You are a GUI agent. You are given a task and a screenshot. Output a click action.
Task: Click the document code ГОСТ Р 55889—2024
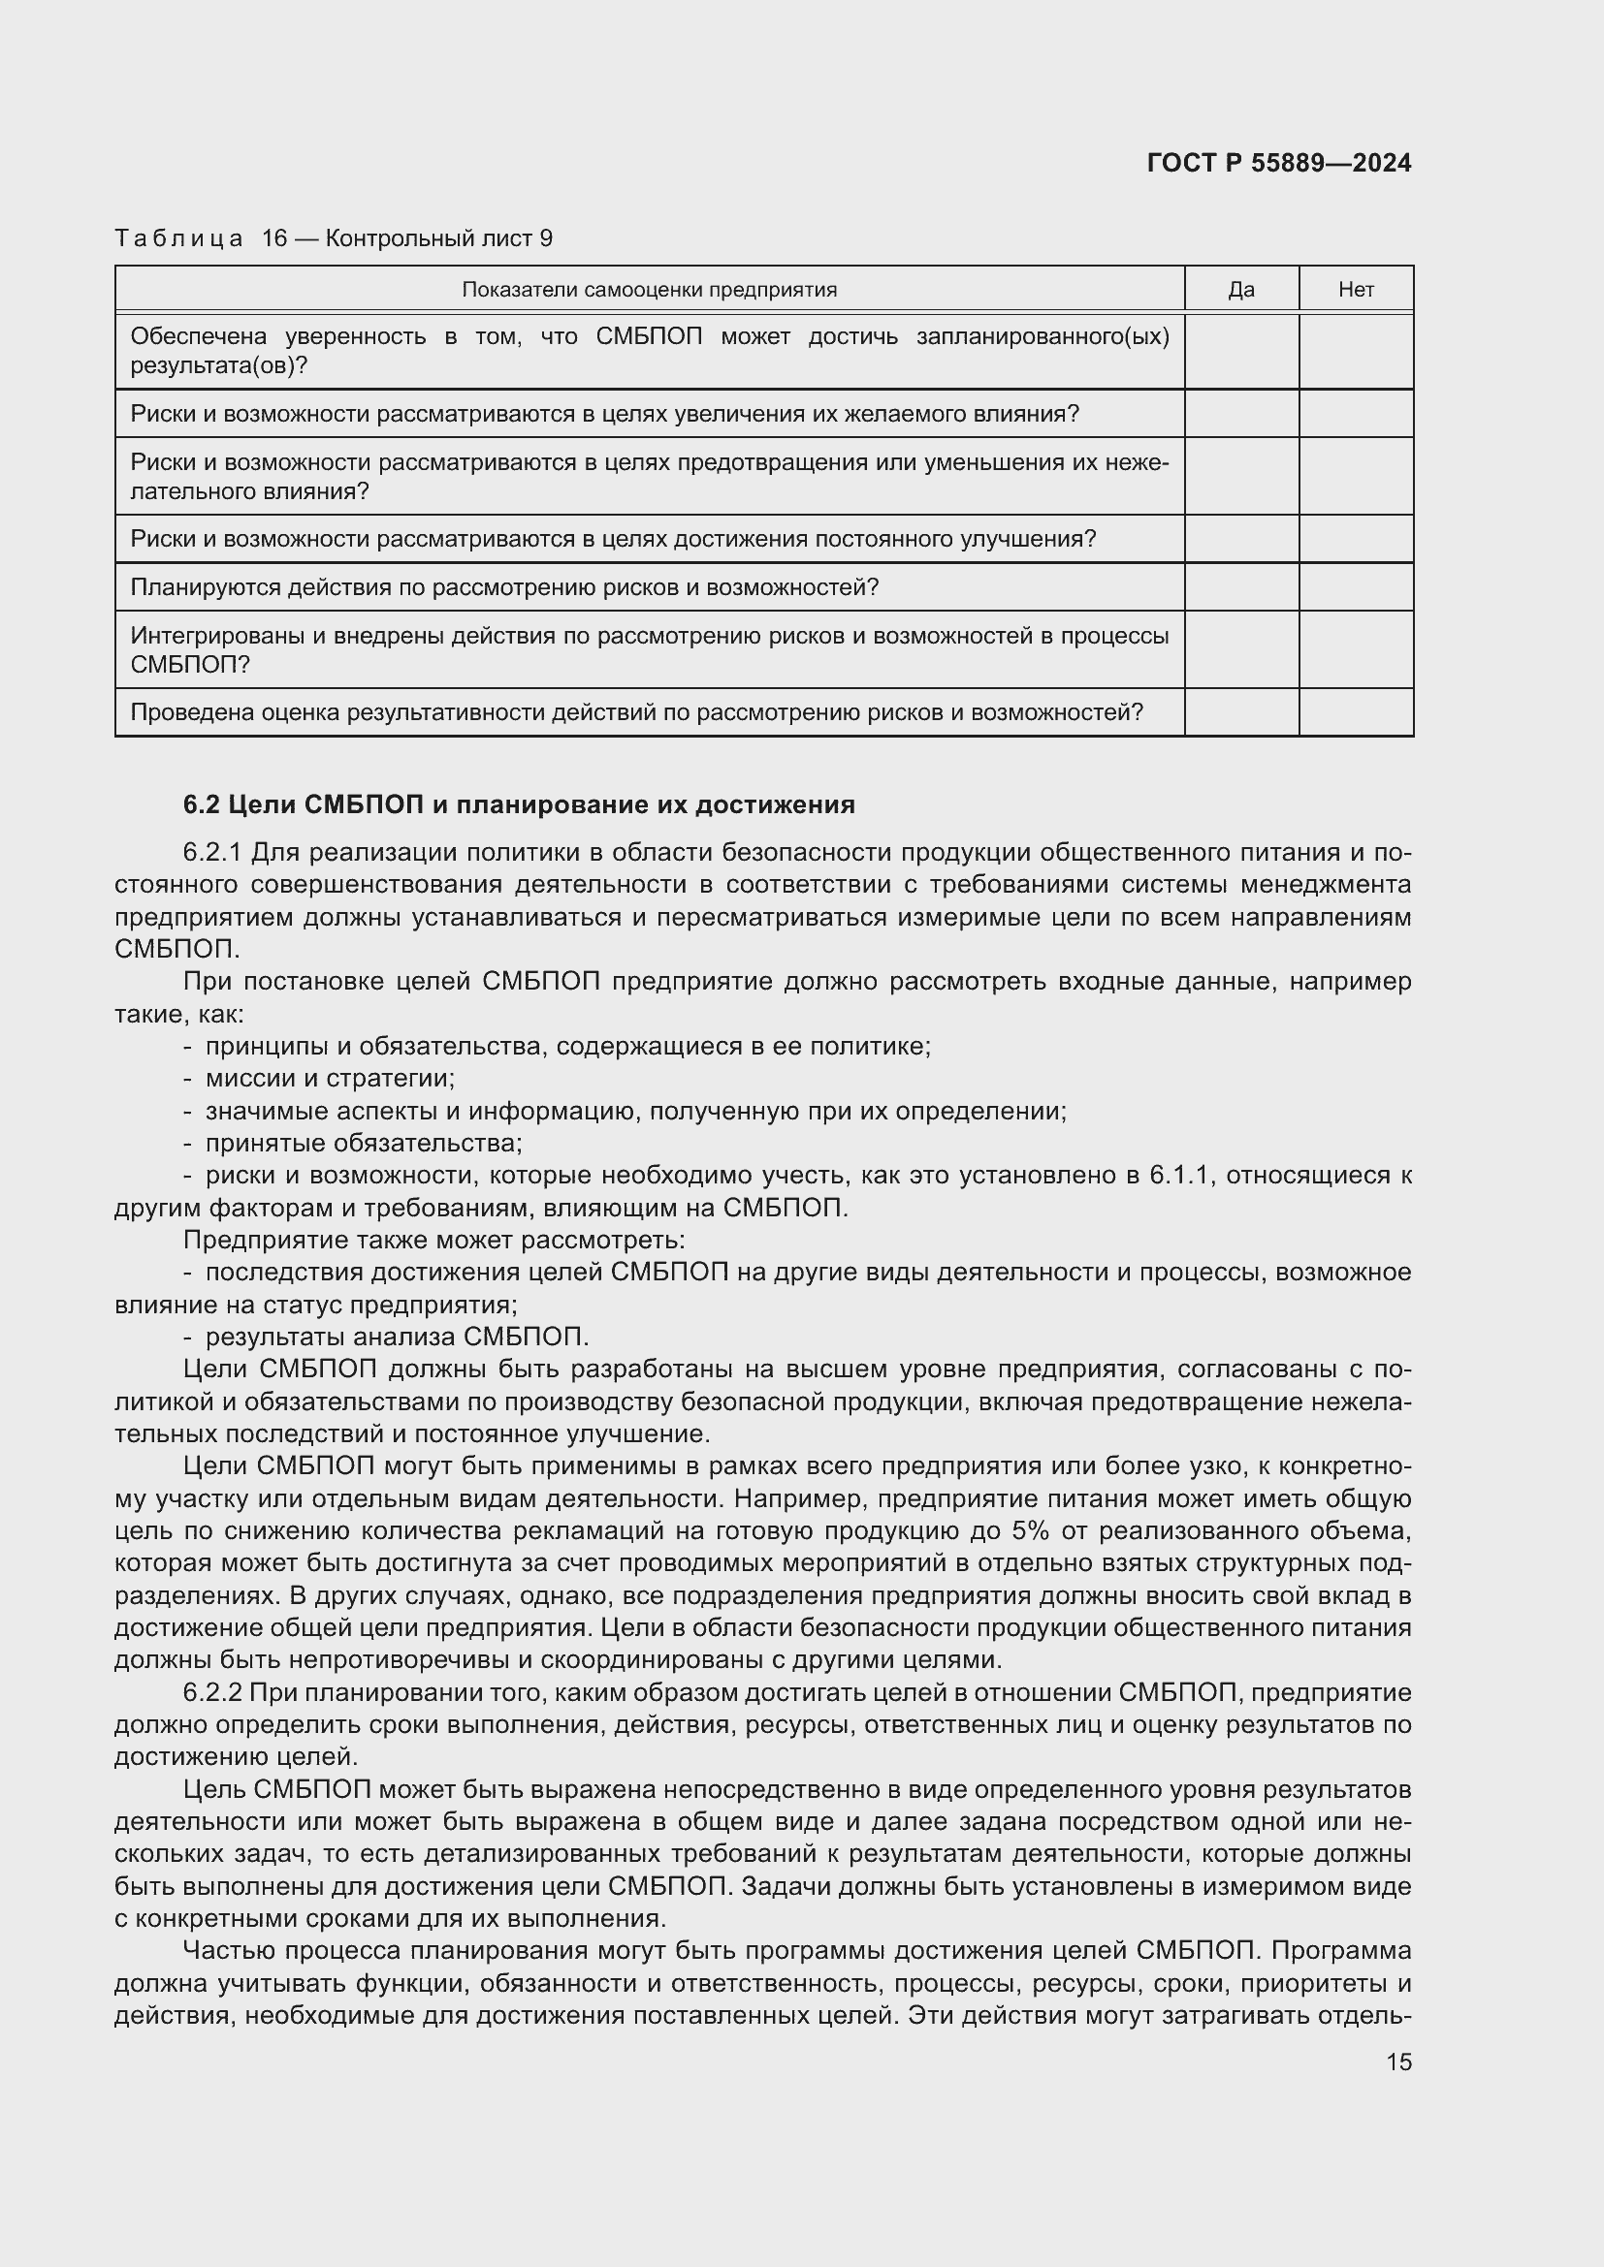[x=1279, y=163]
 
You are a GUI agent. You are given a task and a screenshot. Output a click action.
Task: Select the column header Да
[x=1240, y=289]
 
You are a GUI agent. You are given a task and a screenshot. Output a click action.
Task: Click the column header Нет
[x=1355, y=289]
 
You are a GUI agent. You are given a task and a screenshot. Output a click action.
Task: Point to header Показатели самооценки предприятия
[x=649, y=289]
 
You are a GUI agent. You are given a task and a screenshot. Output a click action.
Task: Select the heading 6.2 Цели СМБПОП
[x=519, y=804]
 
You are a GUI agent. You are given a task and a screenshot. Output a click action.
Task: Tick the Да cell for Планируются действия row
[x=1240, y=587]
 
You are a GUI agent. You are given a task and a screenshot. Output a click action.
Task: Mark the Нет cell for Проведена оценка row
[x=1355, y=712]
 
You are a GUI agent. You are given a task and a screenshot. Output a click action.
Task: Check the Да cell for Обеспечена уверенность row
[x=1240, y=352]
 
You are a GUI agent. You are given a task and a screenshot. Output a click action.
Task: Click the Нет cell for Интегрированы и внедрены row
[x=1355, y=649]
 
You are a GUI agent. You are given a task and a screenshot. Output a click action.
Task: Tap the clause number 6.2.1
[x=212, y=852]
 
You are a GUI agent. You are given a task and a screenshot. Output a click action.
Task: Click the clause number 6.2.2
[x=212, y=1692]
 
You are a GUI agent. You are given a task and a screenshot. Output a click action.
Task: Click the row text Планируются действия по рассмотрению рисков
[x=503, y=587]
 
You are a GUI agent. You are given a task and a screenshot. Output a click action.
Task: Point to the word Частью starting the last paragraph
[x=229, y=1950]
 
